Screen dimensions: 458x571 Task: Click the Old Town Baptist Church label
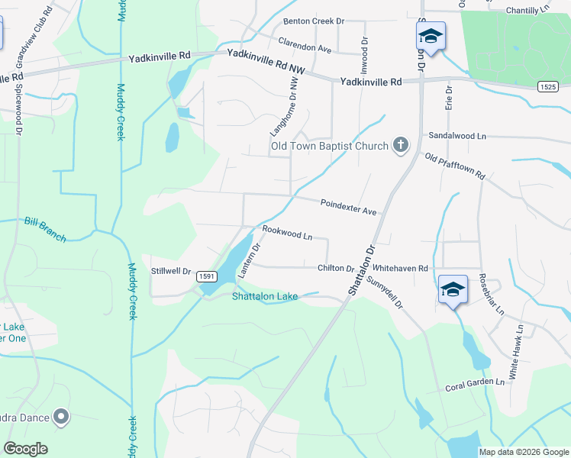(330, 146)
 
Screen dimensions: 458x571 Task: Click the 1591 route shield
(205, 276)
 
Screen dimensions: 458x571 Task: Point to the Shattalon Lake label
(264, 297)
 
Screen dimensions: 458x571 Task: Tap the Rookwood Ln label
(288, 232)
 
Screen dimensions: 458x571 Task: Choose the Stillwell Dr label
(170, 269)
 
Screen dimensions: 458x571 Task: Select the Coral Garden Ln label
(476, 385)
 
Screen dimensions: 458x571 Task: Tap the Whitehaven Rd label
(401, 268)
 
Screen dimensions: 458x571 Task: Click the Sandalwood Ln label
(457, 135)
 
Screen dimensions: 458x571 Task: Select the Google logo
(25, 449)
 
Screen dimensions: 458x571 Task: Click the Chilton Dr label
(336, 268)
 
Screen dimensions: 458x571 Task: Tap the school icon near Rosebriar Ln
(453, 290)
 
